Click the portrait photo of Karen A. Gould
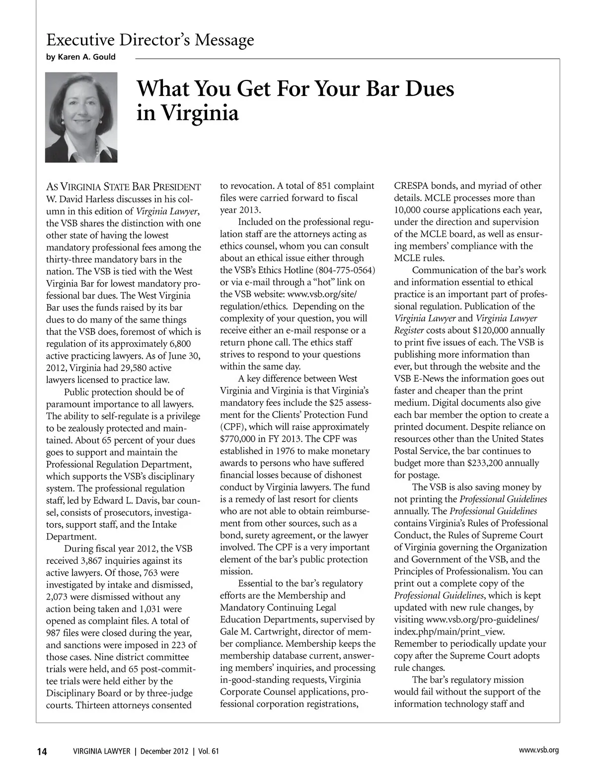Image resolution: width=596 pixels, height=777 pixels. tap(81, 117)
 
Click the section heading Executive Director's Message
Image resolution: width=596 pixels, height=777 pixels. tap(150, 40)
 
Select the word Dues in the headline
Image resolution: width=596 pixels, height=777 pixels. tap(428, 88)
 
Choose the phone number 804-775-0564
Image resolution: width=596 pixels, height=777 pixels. tap(345, 270)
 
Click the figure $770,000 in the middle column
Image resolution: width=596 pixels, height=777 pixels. tap(239, 439)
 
